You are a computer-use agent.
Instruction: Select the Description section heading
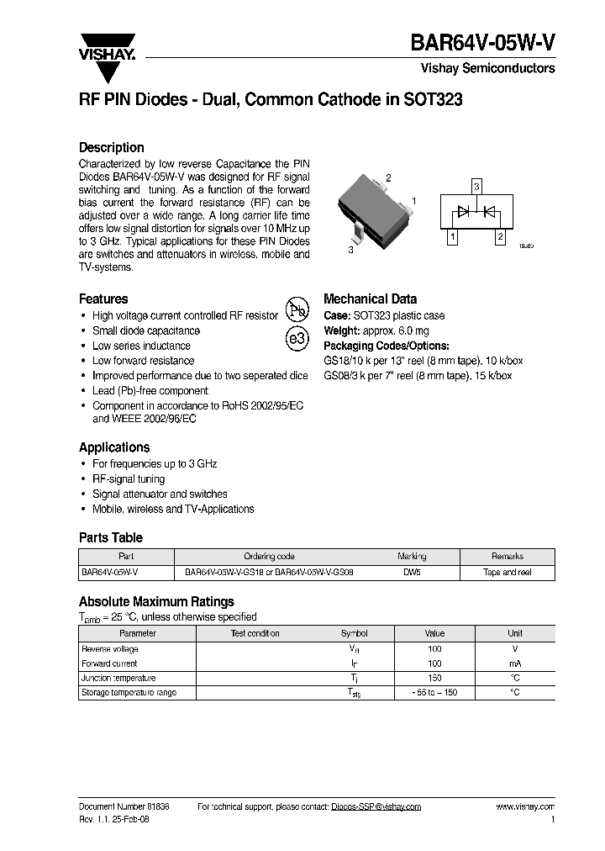(x=111, y=147)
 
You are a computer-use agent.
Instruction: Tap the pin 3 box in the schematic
(x=476, y=186)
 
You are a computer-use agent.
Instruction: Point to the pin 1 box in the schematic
(x=453, y=238)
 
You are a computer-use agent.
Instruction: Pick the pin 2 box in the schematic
(x=500, y=238)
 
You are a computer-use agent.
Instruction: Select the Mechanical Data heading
(x=370, y=299)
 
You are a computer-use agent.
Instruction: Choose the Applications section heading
(x=114, y=447)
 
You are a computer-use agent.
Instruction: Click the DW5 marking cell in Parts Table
(x=412, y=572)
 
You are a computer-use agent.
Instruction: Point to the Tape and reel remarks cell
(x=507, y=572)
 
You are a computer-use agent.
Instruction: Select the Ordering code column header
(x=269, y=557)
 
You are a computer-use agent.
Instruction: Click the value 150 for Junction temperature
(x=434, y=678)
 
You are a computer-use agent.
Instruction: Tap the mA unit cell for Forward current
(x=514, y=663)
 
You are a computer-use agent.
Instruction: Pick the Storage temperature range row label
(x=128, y=693)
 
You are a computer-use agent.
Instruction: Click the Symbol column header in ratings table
(x=354, y=633)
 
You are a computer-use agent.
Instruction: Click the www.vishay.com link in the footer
(x=526, y=806)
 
